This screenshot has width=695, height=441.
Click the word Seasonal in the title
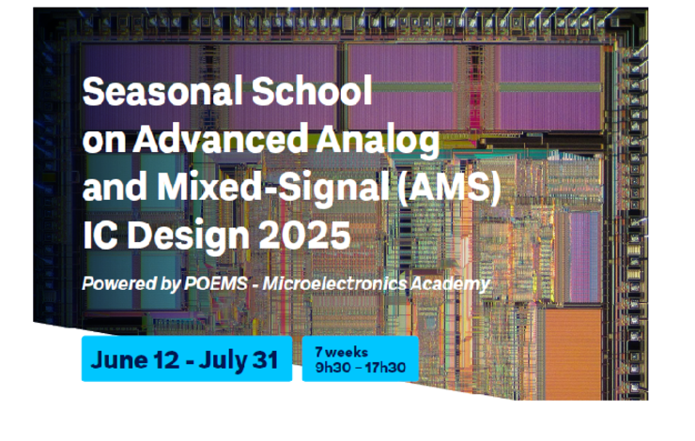tap(162, 91)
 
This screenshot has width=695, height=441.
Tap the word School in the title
tap(312, 91)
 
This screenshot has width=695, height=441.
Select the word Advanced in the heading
tap(221, 139)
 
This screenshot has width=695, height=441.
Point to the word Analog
tap(378, 141)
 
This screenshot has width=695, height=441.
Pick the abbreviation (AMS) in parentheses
tap(449, 187)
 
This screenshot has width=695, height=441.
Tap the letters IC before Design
tap(100, 235)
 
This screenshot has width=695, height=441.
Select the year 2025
tap(304, 235)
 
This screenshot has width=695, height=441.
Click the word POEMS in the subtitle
tap(215, 283)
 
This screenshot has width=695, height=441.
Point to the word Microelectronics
tap(334, 283)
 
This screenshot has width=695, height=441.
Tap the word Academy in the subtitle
tap(450, 284)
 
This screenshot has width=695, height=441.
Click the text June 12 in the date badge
tap(134, 359)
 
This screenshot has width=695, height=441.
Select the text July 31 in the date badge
tap(239, 360)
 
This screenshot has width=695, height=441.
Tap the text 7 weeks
tap(341, 352)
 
